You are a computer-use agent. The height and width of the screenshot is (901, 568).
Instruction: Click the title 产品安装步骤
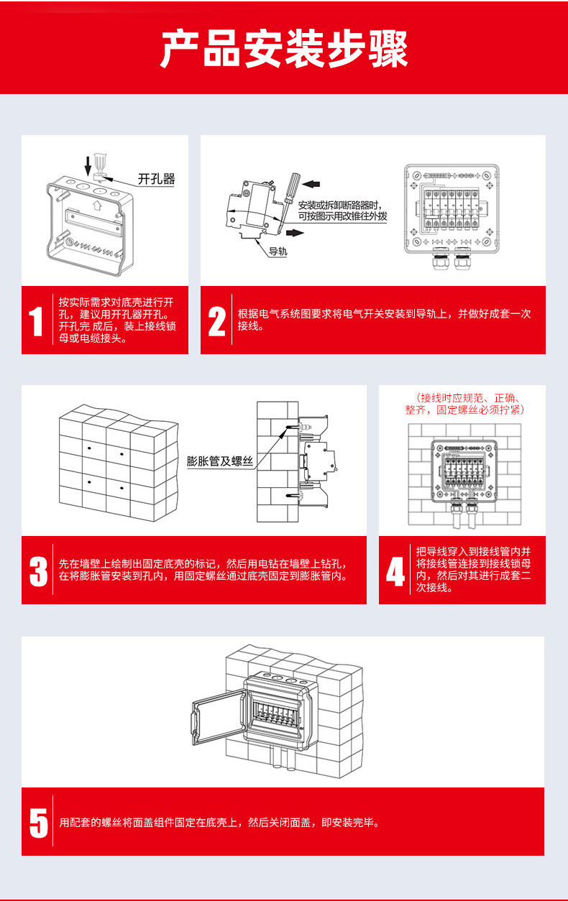pyautogui.click(x=284, y=49)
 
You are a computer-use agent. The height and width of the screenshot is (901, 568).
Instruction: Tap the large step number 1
pyautogui.click(x=37, y=321)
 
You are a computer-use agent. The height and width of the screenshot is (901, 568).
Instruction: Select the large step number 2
pyautogui.click(x=216, y=321)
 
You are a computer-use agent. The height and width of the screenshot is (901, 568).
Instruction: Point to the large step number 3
pyautogui.click(x=38, y=570)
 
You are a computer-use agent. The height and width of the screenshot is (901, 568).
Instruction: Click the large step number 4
pyautogui.click(x=395, y=571)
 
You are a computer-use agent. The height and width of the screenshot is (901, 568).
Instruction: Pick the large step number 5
pyautogui.click(x=38, y=822)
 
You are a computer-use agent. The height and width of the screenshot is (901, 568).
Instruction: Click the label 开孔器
pyautogui.click(x=156, y=179)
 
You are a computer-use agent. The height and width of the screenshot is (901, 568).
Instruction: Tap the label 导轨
pyautogui.click(x=278, y=251)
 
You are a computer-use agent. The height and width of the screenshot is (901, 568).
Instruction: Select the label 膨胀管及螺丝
pyautogui.click(x=220, y=461)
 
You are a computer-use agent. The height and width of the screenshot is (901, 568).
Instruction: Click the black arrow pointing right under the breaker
pyautogui.click(x=295, y=233)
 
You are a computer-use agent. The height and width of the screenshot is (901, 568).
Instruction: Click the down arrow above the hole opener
pyautogui.click(x=88, y=165)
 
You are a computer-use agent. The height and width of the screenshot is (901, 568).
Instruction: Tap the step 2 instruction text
pyautogui.click(x=384, y=320)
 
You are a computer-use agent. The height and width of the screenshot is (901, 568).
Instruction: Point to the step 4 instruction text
pyautogui.click(x=473, y=570)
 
